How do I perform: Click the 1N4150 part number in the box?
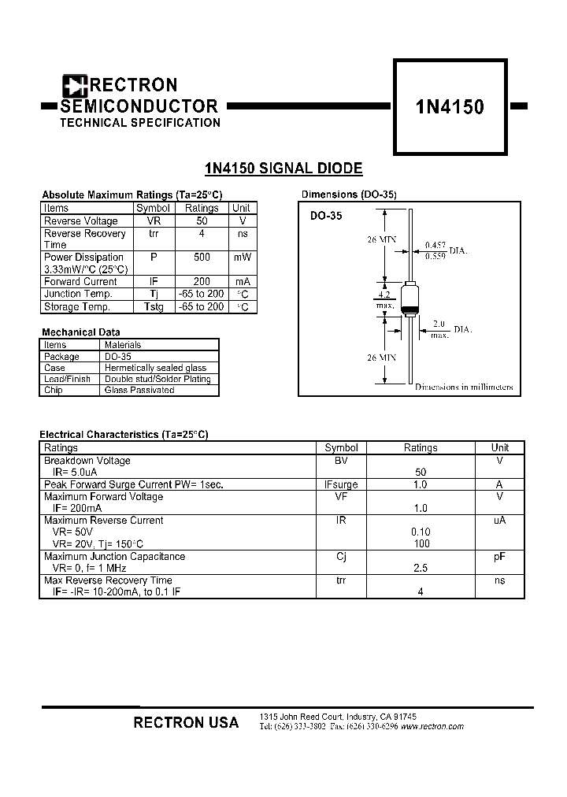pyautogui.click(x=450, y=107)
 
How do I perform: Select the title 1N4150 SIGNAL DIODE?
pyautogui.click(x=283, y=168)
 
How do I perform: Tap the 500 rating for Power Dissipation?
pyautogui.click(x=202, y=258)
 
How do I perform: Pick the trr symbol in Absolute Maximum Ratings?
pyautogui.click(x=153, y=234)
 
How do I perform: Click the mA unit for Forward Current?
pyautogui.click(x=241, y=282)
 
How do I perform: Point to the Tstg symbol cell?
pyautogui.click(x=153, y=307)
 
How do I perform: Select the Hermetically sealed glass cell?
pyautogui.click(x=155, y=368)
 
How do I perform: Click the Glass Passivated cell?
pyautogui.click(x=139, y=390)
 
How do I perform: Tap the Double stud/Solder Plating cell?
pyautogui.click(x=157, y=379)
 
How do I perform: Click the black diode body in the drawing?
pyautogui.click(x=409, y=297)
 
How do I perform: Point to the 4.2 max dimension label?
pyautogui.click(x=384, y=299)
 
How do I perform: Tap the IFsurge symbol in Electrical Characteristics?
pyautogui.click(x=341, y=485)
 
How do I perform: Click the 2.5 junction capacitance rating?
pyautogui.click(x=420, y=568)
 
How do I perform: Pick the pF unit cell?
pyautogui.click(x=499, y=557)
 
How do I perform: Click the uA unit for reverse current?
pyautogui.click(x=499, y=521)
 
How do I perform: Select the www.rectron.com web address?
pyautogui.click(x=432, y=727)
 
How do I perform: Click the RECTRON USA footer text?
pyautogui.click(x=186, y=722)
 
